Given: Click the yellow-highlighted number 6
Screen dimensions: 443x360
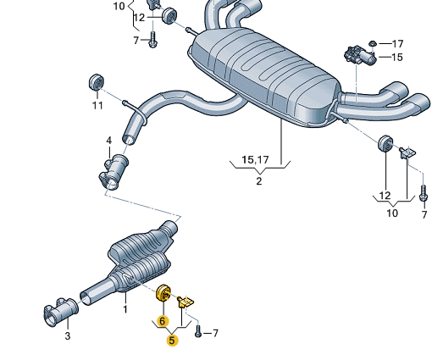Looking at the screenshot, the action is [162, 321].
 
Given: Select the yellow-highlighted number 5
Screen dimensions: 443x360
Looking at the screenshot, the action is [172, 341].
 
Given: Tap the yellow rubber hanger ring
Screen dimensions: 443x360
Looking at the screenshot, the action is [163, 293].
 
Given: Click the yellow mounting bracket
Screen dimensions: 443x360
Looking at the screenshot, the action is [186, 302].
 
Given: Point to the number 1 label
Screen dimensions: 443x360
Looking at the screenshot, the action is [125, 309].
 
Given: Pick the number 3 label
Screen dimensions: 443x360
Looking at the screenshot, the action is [68, 336].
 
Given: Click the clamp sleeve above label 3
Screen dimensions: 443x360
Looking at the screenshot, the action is [61, 312].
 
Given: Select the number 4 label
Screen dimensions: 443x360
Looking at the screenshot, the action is [109, 141].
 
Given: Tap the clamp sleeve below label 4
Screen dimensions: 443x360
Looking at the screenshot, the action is [114, 172].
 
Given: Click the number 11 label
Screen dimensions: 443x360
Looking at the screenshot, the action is [97, 106].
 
